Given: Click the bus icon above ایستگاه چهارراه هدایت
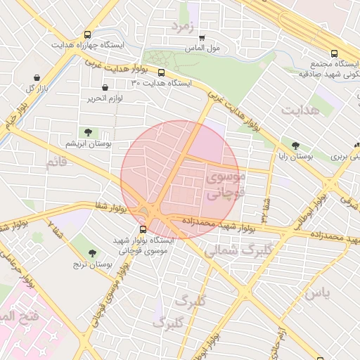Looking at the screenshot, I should point(87,34).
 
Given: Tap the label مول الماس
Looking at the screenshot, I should point(203,49).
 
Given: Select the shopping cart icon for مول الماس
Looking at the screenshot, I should point(202,38).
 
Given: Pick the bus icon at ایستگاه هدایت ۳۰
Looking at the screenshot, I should point(162,72).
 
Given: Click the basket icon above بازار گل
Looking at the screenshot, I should point(36,77).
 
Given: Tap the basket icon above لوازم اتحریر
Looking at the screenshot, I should point(105,88).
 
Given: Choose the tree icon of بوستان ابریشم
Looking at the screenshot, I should point(87,132).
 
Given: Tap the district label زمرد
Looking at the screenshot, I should point(181,26).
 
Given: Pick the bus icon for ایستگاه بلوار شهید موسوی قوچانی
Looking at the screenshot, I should point(143,229).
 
